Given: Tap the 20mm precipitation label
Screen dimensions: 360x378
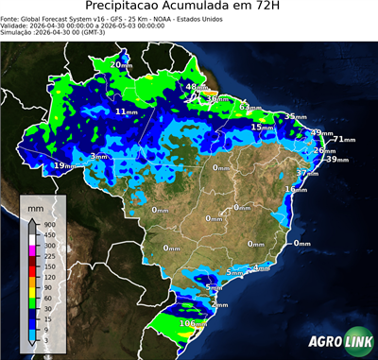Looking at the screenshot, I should point(121,63).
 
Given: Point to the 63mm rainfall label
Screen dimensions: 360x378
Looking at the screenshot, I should point(248,106).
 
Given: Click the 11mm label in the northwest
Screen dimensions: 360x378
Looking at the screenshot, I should point(125,111).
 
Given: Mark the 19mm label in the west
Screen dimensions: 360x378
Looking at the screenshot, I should point(62,165).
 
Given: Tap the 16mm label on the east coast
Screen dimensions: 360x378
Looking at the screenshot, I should point(297,189).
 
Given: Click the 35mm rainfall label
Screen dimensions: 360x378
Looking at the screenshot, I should point(295,115).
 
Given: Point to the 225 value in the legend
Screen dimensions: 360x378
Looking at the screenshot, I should point(49,255).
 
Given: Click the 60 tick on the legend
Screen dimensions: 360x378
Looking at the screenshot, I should point(47,296).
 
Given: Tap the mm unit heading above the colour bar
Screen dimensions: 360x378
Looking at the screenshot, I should point(36,205).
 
